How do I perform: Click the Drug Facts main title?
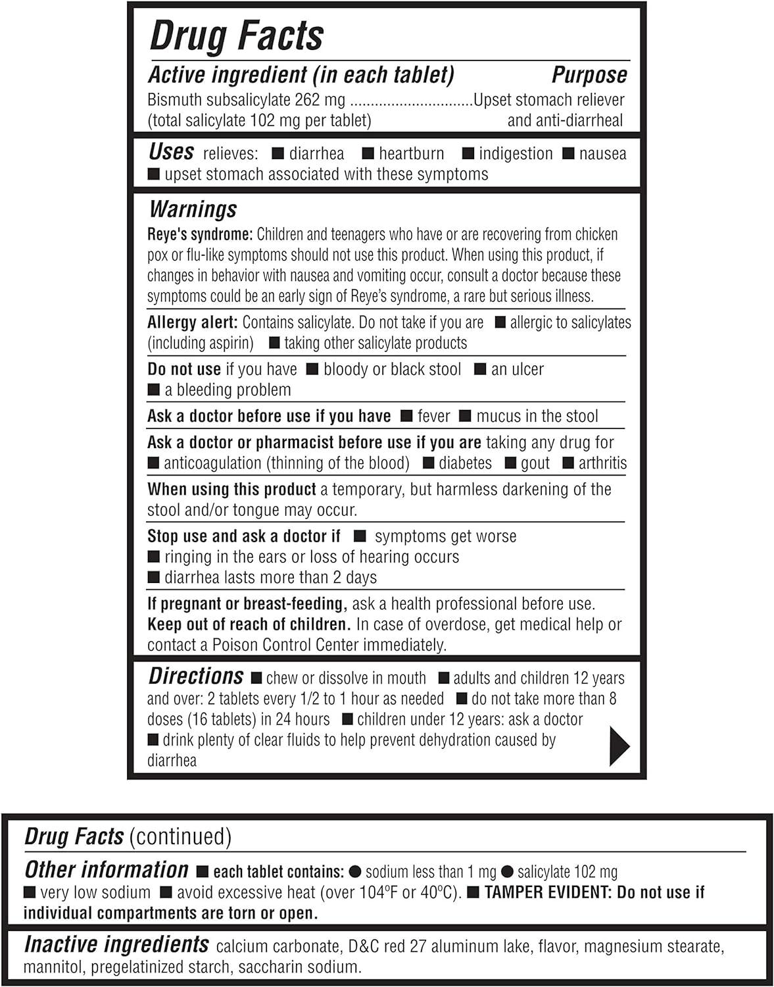(236, 36)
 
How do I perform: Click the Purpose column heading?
(589, 75)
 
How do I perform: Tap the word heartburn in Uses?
(411, 154)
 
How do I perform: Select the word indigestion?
(516, 154)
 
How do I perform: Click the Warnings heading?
(193, 209)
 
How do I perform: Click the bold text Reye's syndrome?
(200, 235)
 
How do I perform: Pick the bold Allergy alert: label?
(192, 322)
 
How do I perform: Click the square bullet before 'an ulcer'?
(480, 369)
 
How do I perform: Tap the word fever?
(433, 417)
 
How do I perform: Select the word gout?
(535, 463)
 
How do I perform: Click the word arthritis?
(602, 463)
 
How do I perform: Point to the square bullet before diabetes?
(428, 463)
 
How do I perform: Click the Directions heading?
(196, 676)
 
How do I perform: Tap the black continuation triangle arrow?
(619, 746)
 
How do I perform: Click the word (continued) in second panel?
(180, 836)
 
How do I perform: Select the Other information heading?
(107, 870)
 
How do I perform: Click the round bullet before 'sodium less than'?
(355, 872)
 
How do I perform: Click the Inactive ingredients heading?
(116, 945)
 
